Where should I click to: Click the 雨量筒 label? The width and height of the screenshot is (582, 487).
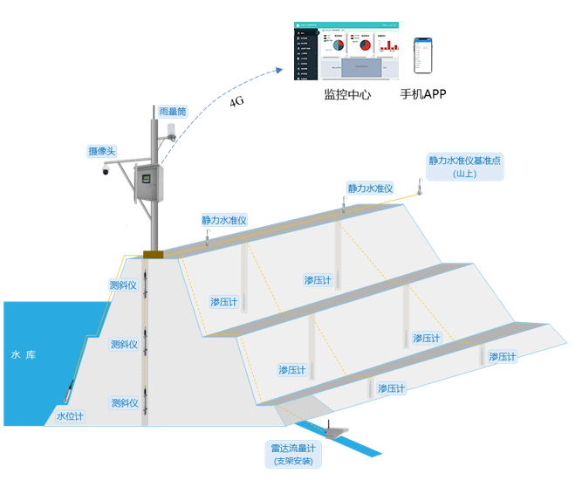click(x=173, y=112)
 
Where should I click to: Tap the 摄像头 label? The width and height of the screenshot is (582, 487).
click(x=102, y=151)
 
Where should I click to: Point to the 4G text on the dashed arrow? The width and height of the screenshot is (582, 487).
click(x=236, y=102)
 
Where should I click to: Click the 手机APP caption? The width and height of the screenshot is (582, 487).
click(x=423, y=94)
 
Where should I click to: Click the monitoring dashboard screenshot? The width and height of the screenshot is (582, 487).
click(x=347, y=51)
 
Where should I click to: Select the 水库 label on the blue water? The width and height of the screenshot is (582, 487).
click(x=23, y=355)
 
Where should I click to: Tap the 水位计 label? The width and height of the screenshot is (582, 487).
click(x=70, y=416)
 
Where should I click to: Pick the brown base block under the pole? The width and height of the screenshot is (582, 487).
click(x=154, y=255)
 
